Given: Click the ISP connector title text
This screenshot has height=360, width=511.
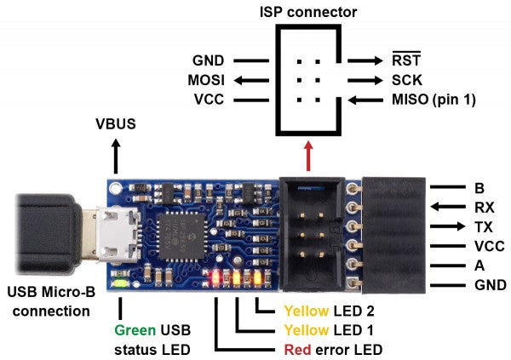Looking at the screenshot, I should [308, 12].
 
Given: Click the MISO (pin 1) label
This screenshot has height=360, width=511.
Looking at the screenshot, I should [432, 100].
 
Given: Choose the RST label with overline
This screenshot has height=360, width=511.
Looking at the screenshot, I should [404, 60].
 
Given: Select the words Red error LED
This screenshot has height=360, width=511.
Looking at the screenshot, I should [329, 349].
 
